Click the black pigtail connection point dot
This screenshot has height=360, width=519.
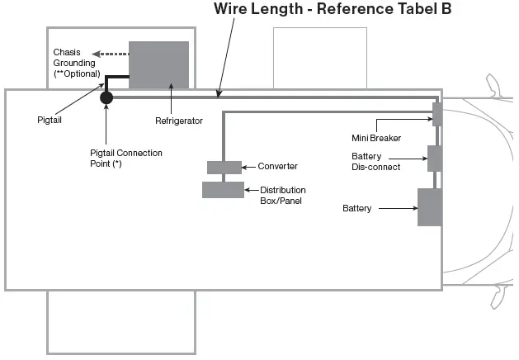106,97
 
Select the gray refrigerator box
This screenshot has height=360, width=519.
159,65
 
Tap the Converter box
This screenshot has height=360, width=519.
224,168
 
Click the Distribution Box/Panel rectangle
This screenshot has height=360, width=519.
223,190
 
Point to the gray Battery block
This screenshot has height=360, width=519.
430,207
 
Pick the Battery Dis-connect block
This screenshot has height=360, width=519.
434,159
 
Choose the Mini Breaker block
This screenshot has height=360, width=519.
437,114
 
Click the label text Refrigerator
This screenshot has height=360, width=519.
179,121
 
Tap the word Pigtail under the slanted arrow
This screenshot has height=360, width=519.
50,120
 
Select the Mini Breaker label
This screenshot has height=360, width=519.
376,138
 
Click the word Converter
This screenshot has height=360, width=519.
278,166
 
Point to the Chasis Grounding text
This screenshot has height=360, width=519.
74,58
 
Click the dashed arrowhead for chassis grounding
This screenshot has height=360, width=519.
97,54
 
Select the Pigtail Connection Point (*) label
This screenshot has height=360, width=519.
126,159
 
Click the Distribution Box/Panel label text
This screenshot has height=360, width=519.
283,196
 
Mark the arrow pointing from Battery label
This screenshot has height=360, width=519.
399,208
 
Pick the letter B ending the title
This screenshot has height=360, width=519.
446,8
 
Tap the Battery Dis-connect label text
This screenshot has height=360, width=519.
376,162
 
